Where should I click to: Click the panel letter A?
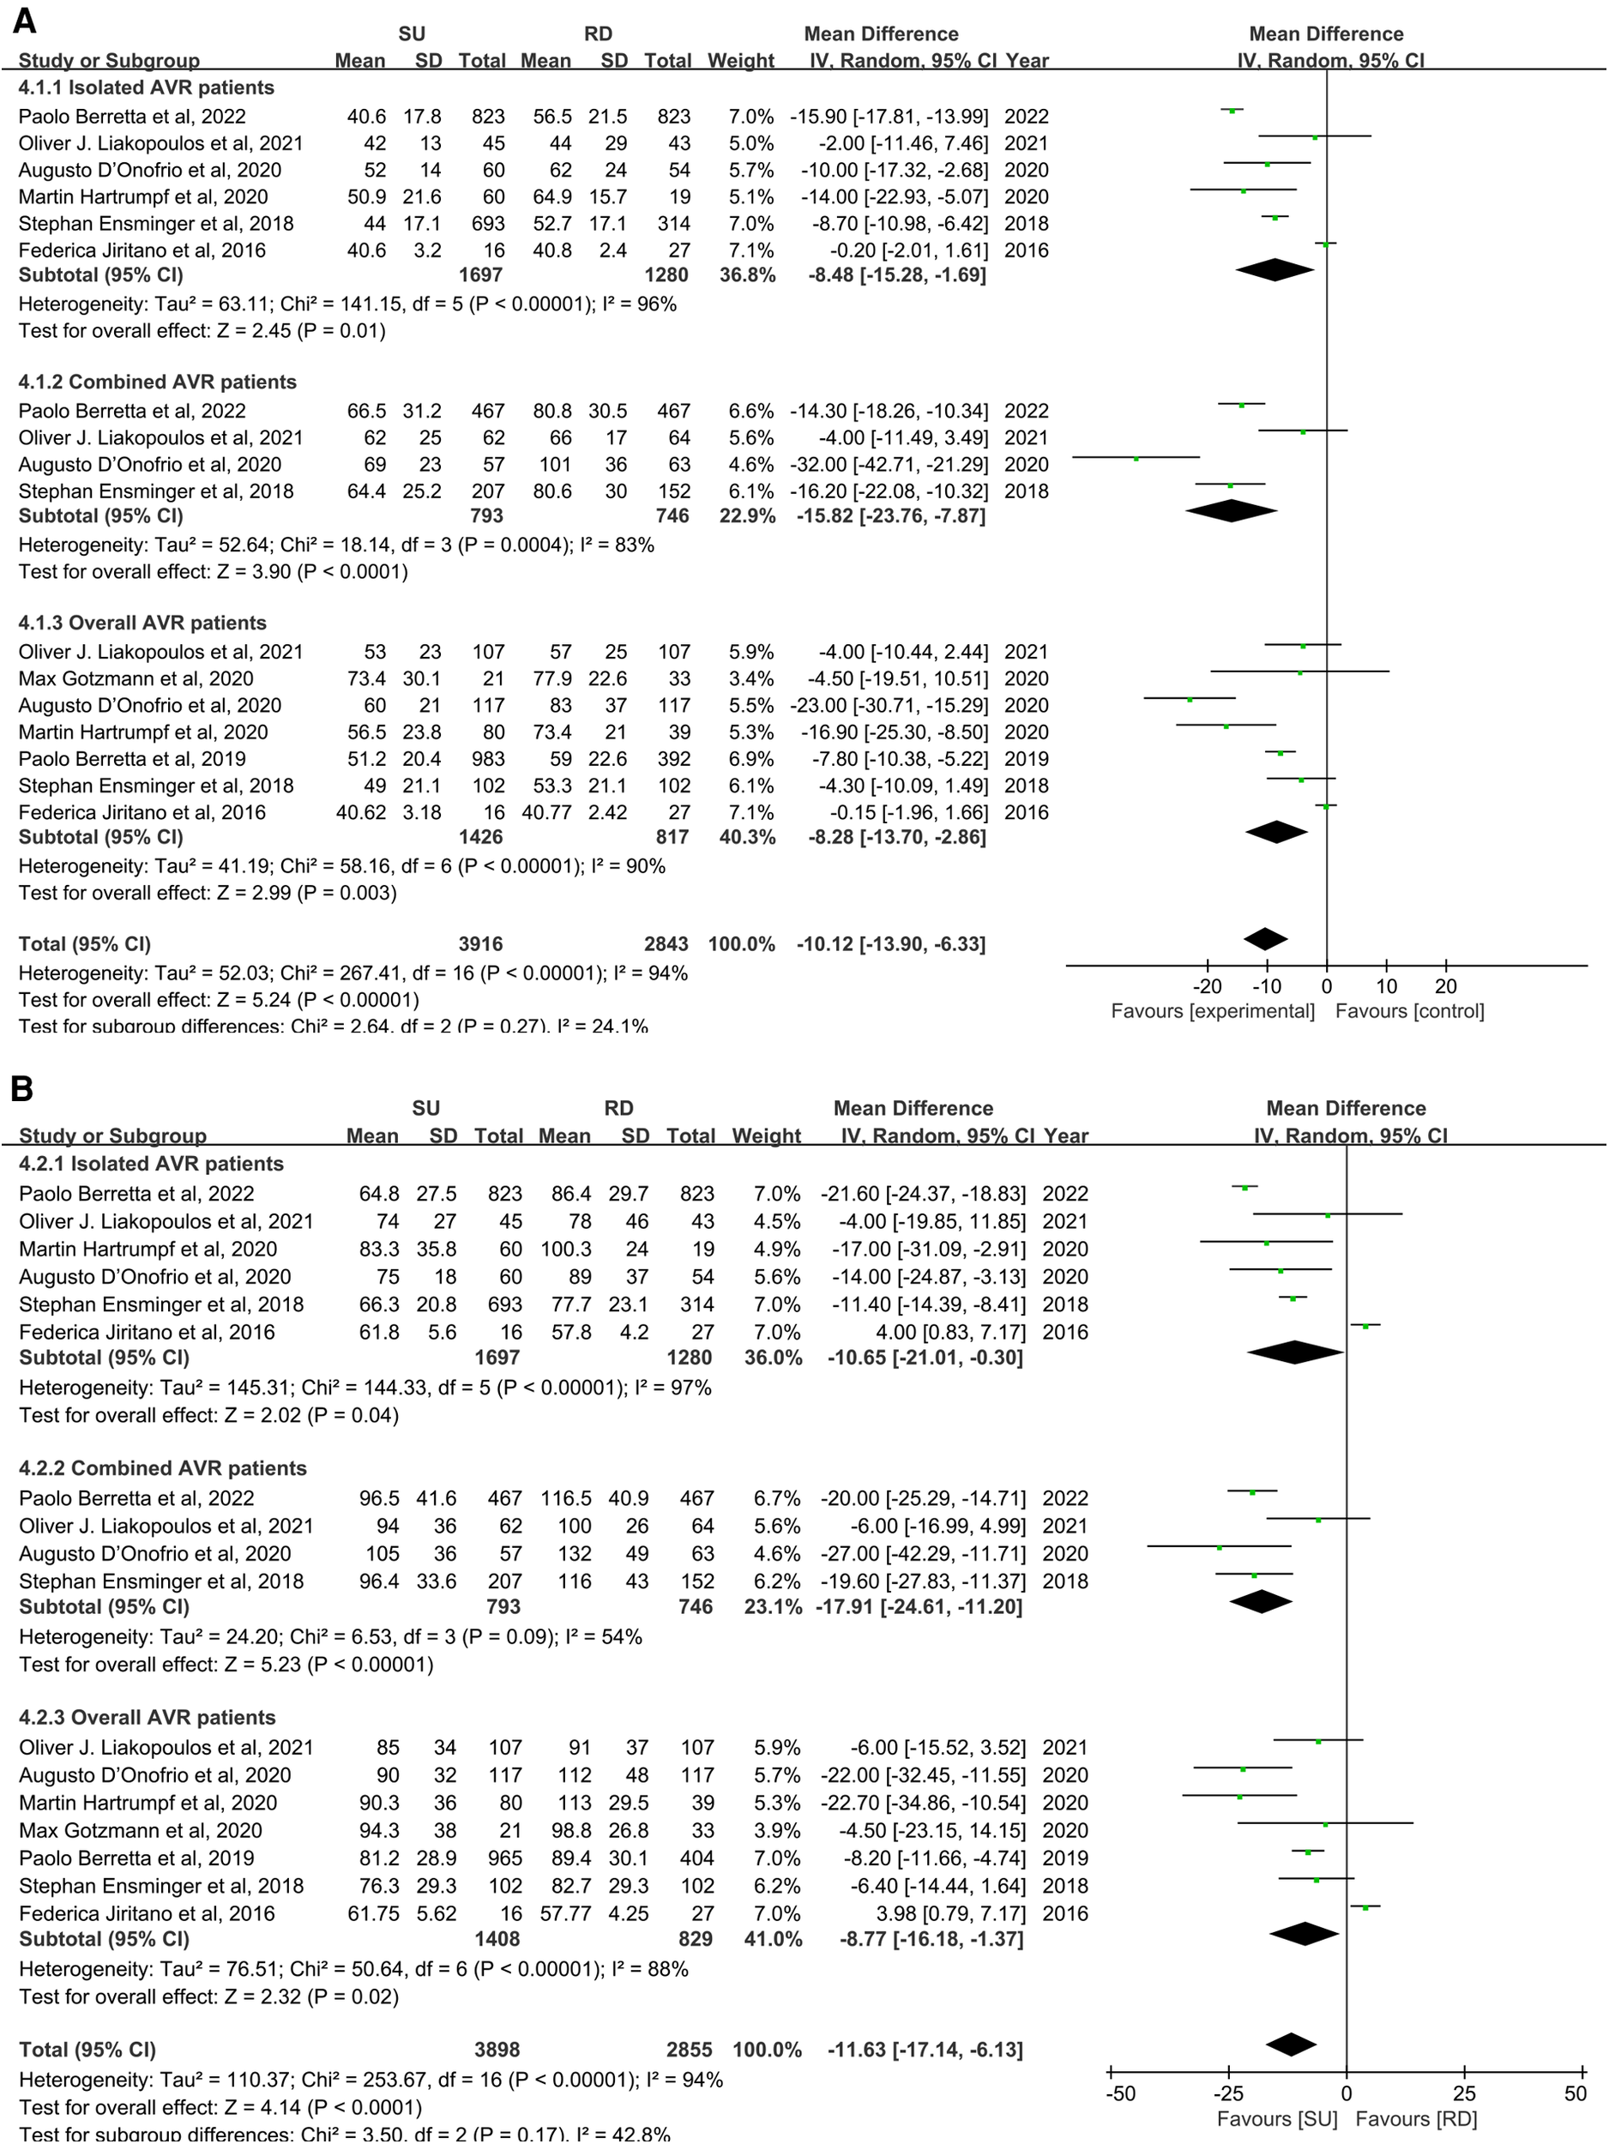pos(23,21)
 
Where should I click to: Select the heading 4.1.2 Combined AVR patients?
pos(157,382)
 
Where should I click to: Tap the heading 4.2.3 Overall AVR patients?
pos(148,1718)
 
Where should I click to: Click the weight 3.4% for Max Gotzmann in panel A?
pos(751,678)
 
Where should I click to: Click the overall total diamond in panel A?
pos(1265,939)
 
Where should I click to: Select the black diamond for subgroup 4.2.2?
pos(1260,1602)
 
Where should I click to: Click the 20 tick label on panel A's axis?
pos(1445,987)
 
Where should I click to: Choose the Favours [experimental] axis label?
pos(1213,1011)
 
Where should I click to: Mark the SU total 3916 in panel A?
pos(481,944)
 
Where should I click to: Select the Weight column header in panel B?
pos(766,1136)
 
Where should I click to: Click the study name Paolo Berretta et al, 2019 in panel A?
pos(132,759)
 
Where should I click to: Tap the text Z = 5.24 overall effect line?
pos(219,999)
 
